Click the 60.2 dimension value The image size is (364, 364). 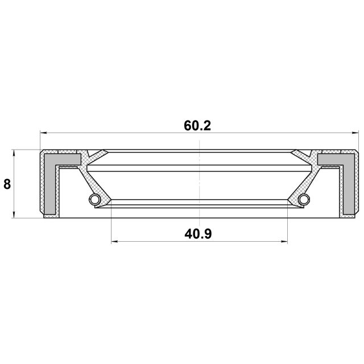pyautogui.click(x=197, y=126)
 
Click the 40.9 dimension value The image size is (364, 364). pyautogui.click(x=198, y=234)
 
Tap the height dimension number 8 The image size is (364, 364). pyautogui.click(x=7, y=184)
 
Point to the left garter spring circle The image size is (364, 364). pyautogui.click(x=94, y=199)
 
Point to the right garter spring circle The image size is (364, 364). pyautogui.click(x=304, y=199)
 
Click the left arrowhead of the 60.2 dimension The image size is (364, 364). pyautogui.click(x=44, y=133)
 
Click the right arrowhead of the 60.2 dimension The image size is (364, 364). pyautogui.click(x=355, y=133)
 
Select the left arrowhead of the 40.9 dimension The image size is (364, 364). pyautogui.click(x=115, y=242)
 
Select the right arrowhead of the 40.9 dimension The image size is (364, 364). pyautogui.click(x=284, y=242)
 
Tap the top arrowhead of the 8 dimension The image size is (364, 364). pyautogui.click(x=14, y=153)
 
